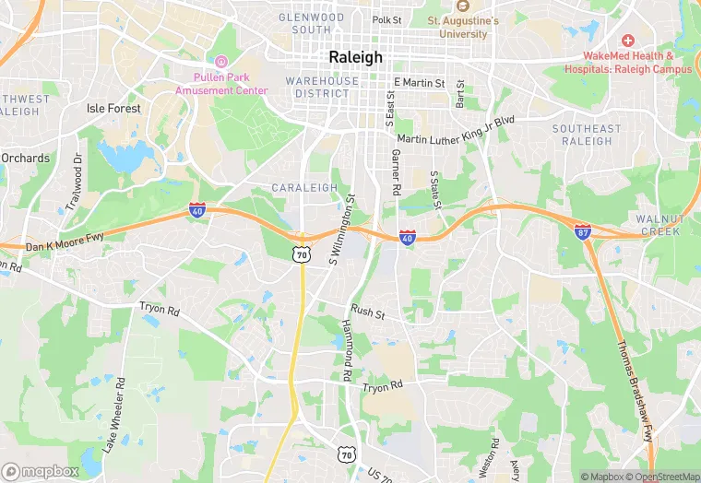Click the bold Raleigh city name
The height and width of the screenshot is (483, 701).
[355, 57]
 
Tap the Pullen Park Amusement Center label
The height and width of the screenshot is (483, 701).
[221, 84]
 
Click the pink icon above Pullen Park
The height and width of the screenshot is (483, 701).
[221, 61]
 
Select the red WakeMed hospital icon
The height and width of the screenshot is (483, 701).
[628, 41]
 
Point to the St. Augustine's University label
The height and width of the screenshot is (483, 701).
[463, 27]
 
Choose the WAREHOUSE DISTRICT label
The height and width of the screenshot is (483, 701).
[322, 88]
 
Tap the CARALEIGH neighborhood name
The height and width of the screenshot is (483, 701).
[304, 187]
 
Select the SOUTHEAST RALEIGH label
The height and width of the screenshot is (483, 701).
[587, 135]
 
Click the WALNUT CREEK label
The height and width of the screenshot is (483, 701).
[659, 225]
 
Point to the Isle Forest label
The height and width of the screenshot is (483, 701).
[113, 109]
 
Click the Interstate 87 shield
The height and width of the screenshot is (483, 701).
[583, 231]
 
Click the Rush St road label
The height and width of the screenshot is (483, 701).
[367, 312]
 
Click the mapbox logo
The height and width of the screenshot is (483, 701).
[41, 471]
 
